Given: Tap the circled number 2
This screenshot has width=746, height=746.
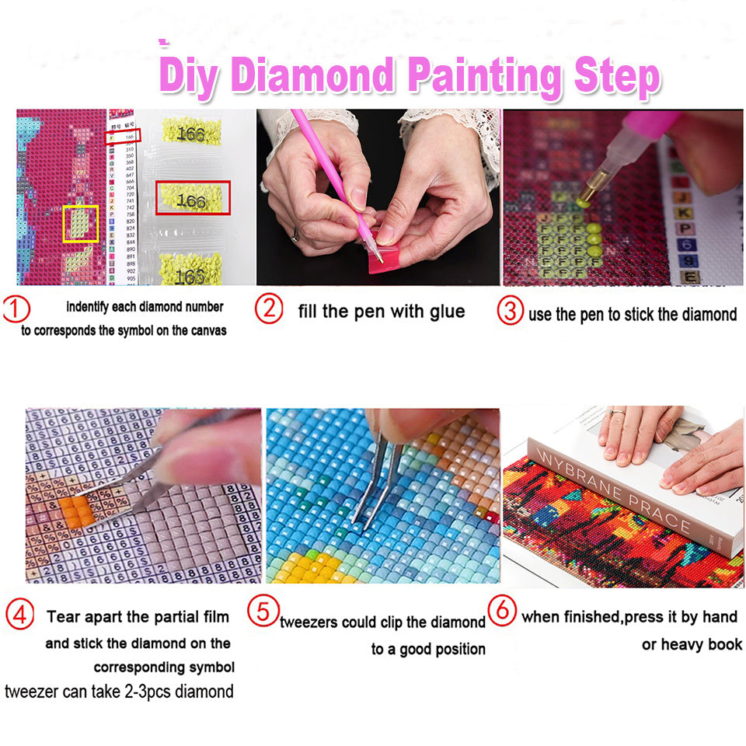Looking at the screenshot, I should click(x=269, y=309).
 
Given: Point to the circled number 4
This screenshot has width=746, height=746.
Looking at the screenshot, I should click(x=19, y=615).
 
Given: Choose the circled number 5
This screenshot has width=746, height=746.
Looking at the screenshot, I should click(x=263, y=611).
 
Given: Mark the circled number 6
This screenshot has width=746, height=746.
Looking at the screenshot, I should click(x=503, y=610).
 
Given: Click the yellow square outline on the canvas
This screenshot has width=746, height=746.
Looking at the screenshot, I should click(x=81, y=224).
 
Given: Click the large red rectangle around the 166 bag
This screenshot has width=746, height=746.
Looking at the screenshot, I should click(x=193, y=198).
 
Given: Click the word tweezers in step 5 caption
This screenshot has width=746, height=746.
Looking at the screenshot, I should click(x=313, y=622).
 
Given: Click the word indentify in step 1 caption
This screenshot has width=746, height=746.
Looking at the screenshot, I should click(x=91, y=307).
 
